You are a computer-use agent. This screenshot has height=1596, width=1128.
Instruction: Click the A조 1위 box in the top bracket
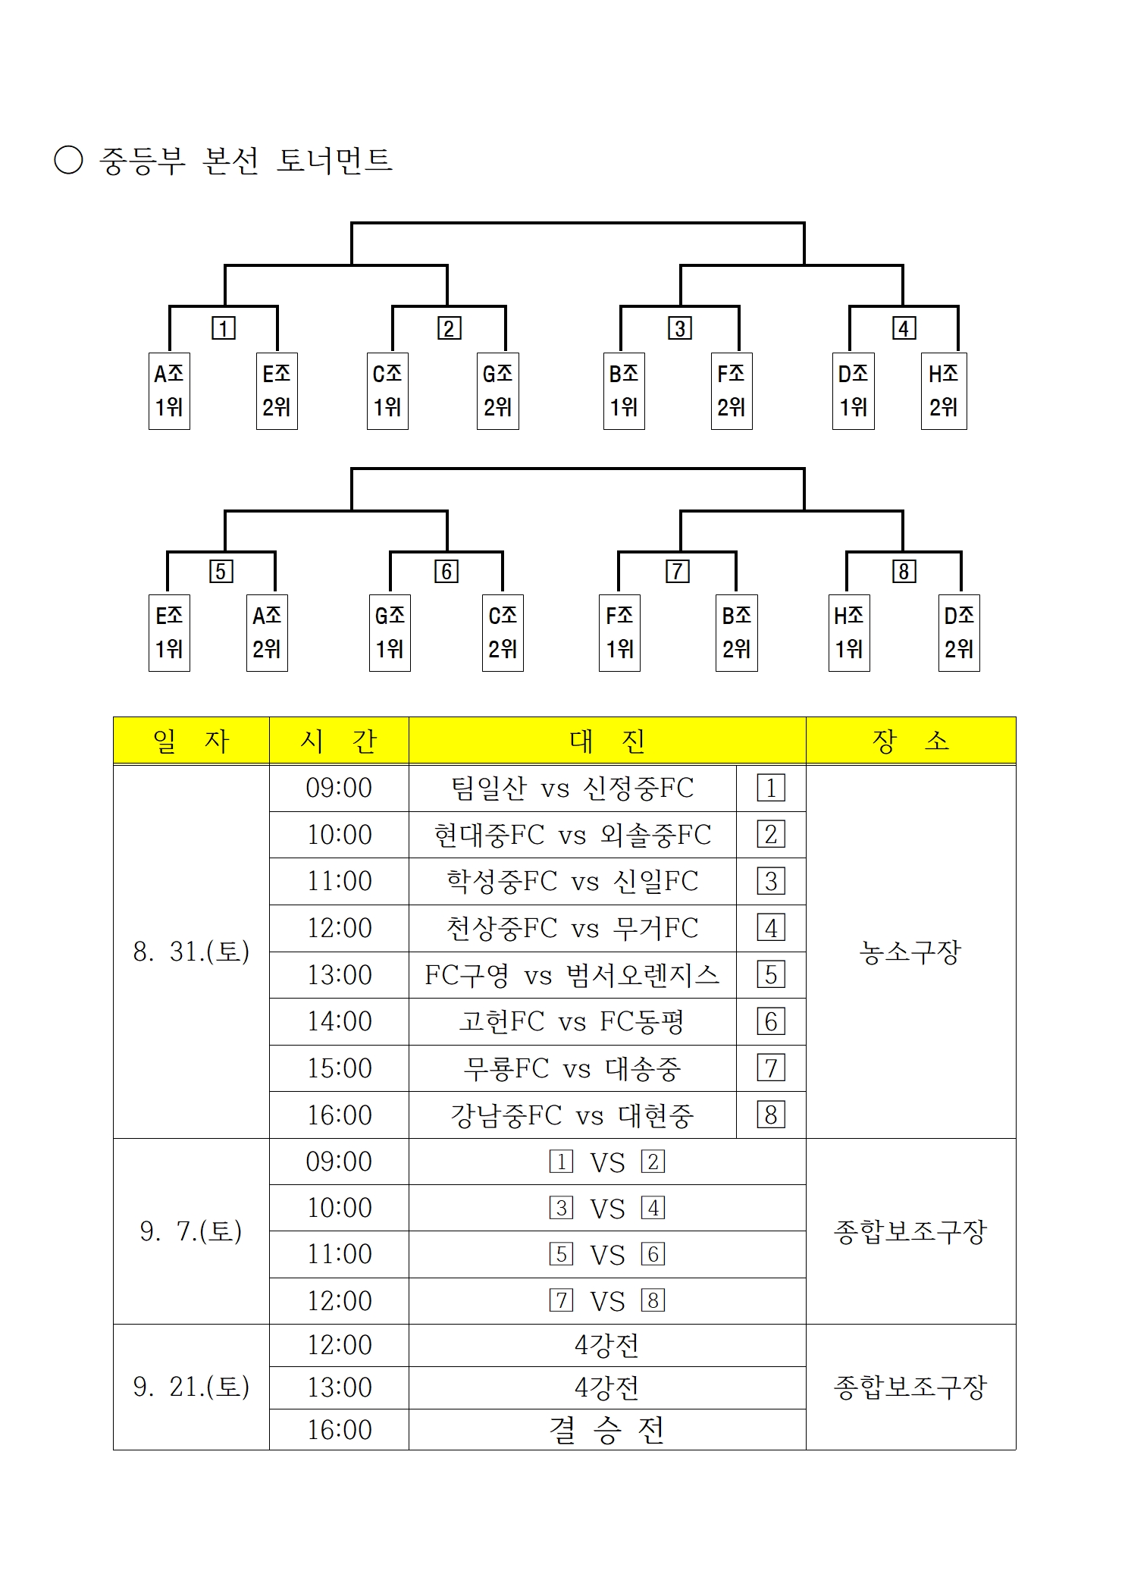pos(169,390)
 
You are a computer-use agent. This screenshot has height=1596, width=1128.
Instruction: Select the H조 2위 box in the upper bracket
pos(944,390)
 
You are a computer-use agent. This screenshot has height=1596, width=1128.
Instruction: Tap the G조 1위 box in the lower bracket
pos(390,633)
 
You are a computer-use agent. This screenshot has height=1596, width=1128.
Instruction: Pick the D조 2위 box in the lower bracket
pos(959,633)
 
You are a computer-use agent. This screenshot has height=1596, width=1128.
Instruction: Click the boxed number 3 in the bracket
pos(680,328)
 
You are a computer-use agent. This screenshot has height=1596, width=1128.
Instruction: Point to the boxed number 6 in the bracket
pos(446,571)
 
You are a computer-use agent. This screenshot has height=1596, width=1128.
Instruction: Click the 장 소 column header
pos(910,740)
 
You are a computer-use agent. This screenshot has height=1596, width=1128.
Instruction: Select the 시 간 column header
pos(339,740)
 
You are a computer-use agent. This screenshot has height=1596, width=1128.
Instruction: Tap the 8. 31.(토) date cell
pos(191,952)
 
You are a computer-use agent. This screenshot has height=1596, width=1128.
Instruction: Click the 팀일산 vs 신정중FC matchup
pos(572,788)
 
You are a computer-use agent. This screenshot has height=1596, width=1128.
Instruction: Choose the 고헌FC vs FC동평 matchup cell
pos(572,1021)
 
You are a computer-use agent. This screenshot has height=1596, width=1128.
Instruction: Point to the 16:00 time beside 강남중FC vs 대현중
pos(339,1115)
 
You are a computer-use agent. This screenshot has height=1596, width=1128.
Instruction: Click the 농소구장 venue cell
pos(910,952)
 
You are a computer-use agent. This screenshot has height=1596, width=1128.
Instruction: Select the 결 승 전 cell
pos(607,1430)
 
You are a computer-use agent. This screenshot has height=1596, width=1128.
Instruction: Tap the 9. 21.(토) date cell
pos(191,1387)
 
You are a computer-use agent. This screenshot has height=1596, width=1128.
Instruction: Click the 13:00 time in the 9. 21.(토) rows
pos(339,1387)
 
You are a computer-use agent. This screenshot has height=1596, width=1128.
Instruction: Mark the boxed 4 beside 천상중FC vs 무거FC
pos(771,928)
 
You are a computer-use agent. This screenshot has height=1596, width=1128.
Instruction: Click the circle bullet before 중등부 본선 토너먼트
pos(68,160)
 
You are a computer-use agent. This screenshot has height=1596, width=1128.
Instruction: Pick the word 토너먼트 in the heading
pos(334,160)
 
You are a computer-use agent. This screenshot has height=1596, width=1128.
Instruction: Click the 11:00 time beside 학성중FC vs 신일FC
pos(339,881)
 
